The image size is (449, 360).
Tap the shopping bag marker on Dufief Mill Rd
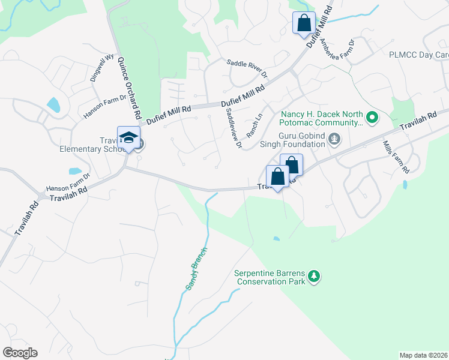[304, 24]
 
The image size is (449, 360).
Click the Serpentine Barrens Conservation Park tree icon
[313, 276]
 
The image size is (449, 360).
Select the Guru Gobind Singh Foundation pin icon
[334, 140]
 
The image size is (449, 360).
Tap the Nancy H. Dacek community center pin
[372, 118]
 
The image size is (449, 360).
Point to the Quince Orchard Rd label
[129, 88]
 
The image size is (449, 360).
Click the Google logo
[20, 353]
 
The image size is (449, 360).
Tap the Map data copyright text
[423, 355]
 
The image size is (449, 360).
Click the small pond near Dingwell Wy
[53, 106]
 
